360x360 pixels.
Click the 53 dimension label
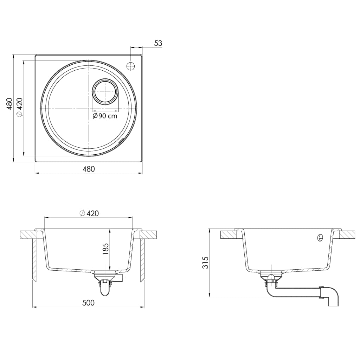(x=158, y=43)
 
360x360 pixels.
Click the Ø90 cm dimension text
(x=105, y=116)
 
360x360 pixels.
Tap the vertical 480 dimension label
(x=9, y=104)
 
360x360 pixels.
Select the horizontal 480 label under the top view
(x=89, y=169)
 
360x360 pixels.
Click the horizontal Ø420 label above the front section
(x=89, y=213)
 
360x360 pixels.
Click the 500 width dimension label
(x=89, y=303)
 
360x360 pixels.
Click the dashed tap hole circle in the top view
(x=130, y=66)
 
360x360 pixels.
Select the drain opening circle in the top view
(x=105, y=91)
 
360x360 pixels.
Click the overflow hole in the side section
(x=320, y=238)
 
